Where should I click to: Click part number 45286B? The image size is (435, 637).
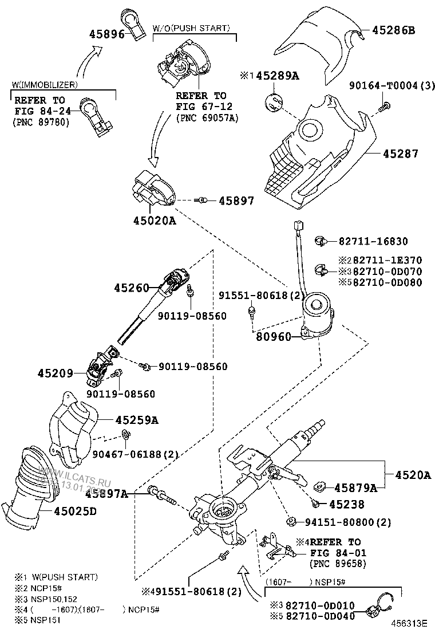coord(393,30)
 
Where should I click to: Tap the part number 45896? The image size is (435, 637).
coord(107,34)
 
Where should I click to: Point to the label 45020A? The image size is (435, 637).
coord(155,220)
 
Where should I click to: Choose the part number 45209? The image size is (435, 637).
coord(56,373)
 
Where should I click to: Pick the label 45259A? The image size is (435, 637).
coord(137,420)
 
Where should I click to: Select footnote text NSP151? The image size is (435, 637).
coord(46,619)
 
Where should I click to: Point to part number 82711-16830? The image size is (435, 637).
coord(381,241)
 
